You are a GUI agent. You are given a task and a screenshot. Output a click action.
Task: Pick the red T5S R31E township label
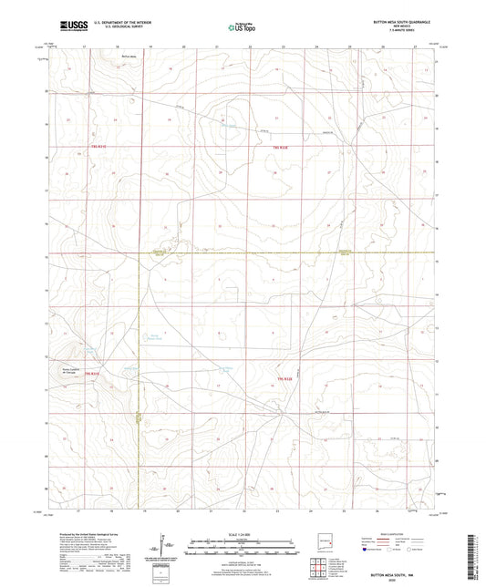pos(97,374)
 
